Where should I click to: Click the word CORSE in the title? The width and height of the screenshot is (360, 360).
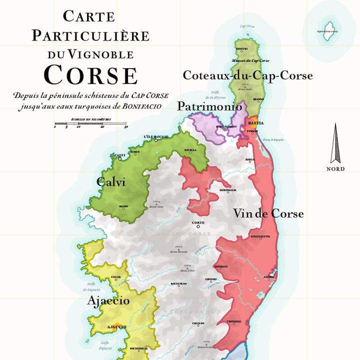click(x=90, y=74)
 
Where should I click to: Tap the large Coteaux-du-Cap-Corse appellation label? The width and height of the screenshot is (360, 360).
click(x=247, y=75)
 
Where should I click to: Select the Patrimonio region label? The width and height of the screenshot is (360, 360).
click(x=209, y=106)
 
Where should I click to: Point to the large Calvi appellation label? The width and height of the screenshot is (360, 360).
click(x=111, y=182)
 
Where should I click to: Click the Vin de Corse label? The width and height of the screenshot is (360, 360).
click(x=268, y=213)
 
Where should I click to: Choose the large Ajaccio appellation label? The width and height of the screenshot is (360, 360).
click(x=108, y=300)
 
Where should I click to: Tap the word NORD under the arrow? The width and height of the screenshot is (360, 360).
click(x=335, y=169)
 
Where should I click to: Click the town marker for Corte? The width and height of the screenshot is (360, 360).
click(x=198, y=227)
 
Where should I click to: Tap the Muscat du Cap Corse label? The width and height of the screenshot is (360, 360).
click(x=250, y=60)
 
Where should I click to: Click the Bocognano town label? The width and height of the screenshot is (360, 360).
click(x=178, y=283)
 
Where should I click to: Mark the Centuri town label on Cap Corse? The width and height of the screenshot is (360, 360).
click(x=241, y=48)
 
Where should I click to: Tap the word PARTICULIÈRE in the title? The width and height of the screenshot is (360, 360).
click(x=90, y=35)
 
